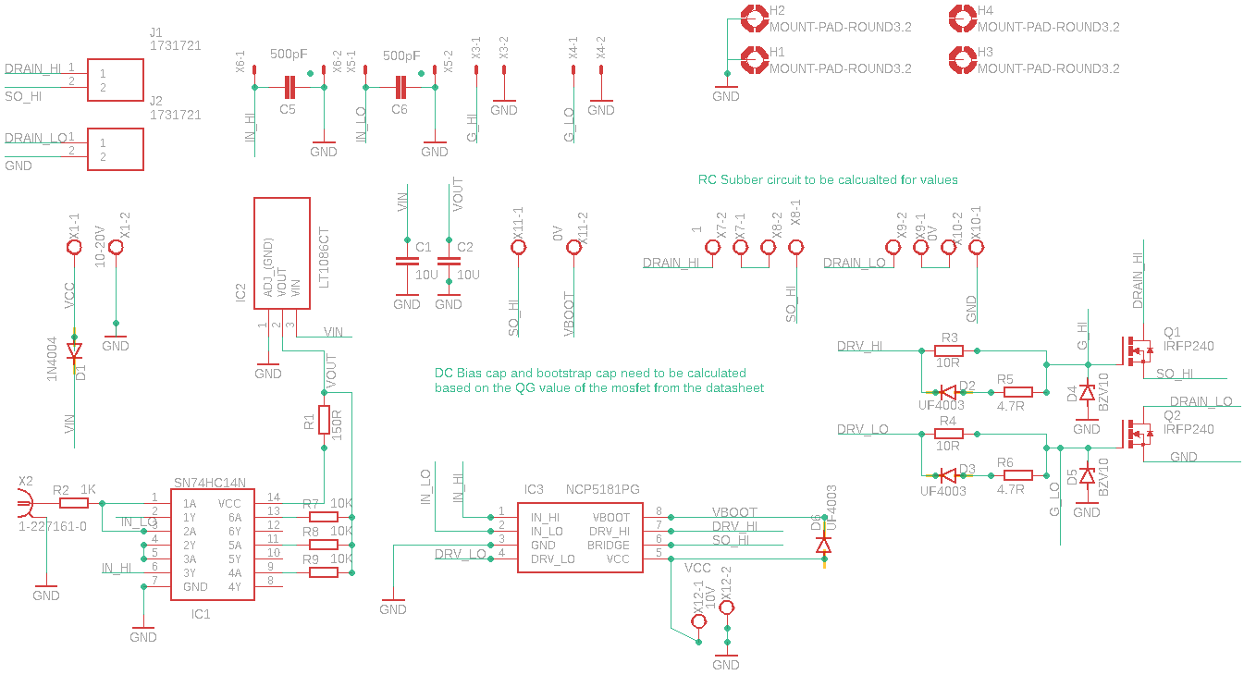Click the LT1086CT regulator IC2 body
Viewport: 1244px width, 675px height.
point(281,253)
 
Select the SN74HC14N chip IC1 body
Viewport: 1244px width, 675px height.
point(212,545)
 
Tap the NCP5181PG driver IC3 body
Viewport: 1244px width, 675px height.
point(580,538)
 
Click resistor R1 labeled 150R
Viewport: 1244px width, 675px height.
point(325,420)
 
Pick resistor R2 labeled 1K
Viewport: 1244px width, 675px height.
point(74,503)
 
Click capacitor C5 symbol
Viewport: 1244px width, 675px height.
point(289,87)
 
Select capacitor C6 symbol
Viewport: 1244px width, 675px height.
point(400,87)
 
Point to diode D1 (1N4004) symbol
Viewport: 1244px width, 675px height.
point(74,351)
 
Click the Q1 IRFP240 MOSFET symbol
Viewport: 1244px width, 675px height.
point(1136,351)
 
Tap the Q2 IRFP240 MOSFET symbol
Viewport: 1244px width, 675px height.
point(1136,434)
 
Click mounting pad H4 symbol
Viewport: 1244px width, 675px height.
point(963,18)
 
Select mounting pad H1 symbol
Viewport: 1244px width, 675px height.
point(755,60)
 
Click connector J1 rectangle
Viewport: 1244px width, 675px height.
point(116,80)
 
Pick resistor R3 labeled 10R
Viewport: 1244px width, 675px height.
point(949,350)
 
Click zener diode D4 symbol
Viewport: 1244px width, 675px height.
point(1088,392)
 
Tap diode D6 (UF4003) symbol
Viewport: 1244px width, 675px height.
point(823,546)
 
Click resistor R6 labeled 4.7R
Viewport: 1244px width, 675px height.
point(1018,475)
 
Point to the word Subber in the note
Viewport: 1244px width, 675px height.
point(742,180)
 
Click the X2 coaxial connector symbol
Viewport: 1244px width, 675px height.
point(25,503)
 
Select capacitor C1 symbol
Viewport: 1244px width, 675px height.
point(407,261)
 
